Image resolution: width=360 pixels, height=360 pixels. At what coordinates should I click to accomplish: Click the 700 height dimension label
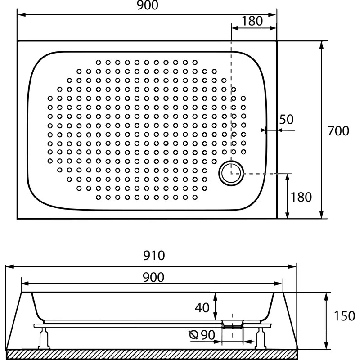point(338,131)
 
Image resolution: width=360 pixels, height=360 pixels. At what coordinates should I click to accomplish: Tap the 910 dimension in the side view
point(154,255)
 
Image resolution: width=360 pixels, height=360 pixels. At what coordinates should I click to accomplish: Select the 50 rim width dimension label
point(287,119)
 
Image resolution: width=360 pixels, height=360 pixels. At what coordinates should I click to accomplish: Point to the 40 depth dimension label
point(202,308)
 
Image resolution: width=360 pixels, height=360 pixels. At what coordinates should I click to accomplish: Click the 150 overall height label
point(344,316)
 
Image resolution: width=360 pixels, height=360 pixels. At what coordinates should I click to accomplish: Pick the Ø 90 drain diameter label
point(202,335)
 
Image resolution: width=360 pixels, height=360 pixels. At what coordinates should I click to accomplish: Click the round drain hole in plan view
point(231,174)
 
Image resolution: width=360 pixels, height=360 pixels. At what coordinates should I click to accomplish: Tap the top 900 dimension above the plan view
point(148,5)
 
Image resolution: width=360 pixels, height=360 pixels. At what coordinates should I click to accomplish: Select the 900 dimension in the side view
point(153,277)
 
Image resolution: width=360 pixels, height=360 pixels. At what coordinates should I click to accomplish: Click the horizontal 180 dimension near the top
point(252,21)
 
